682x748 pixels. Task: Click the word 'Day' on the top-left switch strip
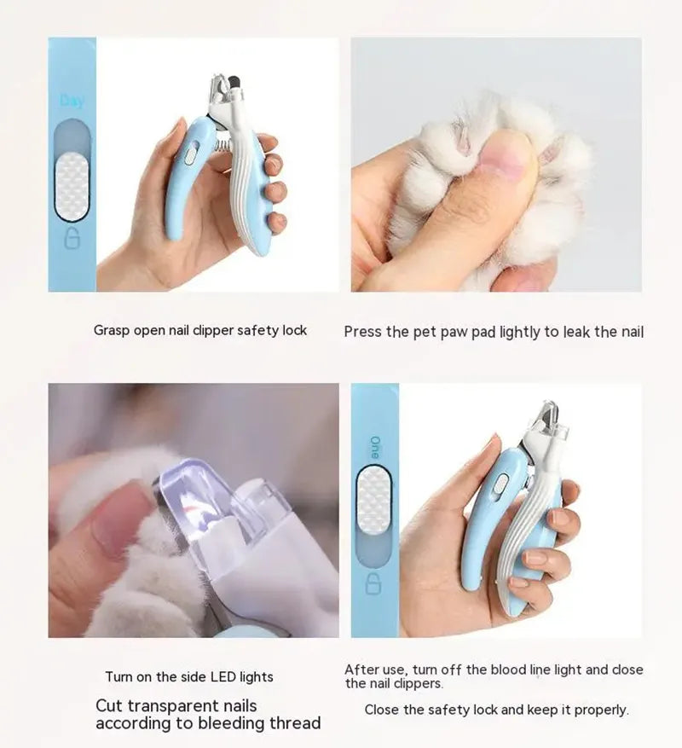click(x=72, y=101)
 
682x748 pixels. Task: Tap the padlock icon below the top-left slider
click(x=72, y=238)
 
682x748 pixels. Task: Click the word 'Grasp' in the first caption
click(x=113, y=330)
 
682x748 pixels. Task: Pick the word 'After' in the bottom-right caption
click(x=361, y=670)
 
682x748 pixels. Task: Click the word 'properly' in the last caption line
click(x=600, y=710)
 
